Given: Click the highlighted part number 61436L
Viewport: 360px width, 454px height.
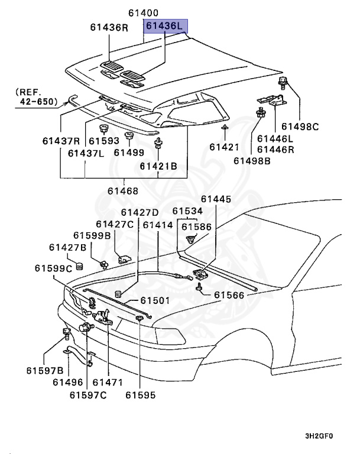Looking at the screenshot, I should [166, 27].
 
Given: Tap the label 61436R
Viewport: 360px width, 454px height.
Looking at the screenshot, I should [109, 27].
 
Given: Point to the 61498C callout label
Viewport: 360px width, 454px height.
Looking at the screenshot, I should [300, 127].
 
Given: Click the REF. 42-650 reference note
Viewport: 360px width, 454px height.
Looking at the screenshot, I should [35, 97].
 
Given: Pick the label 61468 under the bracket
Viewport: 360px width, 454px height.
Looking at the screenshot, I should [123, 191].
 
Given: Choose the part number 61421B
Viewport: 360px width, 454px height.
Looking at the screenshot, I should [158, 167].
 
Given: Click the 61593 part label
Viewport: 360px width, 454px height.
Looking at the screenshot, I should [104, 141].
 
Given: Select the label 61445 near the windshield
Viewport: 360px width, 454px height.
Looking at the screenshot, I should [216, 200].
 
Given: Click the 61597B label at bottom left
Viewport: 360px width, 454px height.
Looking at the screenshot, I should [44, 370].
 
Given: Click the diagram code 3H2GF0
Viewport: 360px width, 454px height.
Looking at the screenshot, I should [319, 436].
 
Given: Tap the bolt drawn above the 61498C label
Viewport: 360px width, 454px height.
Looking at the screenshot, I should [283, 82].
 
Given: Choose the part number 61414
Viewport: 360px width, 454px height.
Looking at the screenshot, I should [158, 225].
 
